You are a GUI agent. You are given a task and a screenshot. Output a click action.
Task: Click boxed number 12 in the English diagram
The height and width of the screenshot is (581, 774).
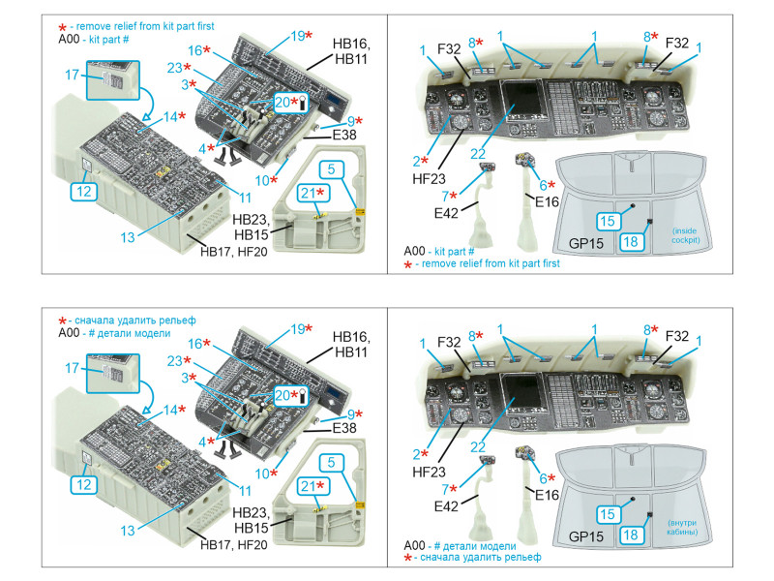pyautogui.click(x=84, y=192)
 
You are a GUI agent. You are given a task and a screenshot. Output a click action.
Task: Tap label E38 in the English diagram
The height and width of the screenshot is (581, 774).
pyautogui.click(x=344, y=137)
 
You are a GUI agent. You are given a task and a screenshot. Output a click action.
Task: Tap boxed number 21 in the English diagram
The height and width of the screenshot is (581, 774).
pyautogui.click(x=311, y=194)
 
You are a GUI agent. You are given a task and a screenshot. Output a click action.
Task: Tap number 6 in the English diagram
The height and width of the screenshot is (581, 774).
pyautogui.click(x=542, y=185)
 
